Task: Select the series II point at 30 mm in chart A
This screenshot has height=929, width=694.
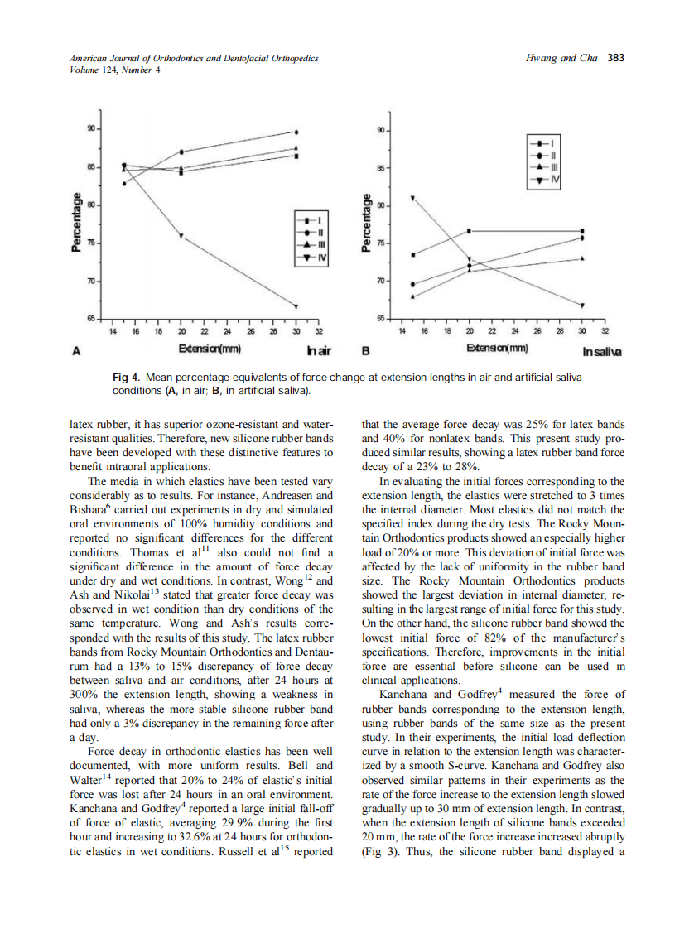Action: pos(296,132)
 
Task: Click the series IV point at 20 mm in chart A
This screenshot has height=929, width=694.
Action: pos(181,237)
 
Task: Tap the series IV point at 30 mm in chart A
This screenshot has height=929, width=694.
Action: pos(296,306)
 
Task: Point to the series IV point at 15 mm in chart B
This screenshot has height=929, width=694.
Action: pos(413,198)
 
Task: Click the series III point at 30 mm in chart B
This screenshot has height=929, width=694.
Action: pos(582,258)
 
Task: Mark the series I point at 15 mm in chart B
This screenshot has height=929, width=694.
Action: pos(413,254)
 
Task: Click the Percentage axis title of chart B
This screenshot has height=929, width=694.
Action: pos(365,222)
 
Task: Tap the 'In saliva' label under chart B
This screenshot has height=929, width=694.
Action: pos(602,351)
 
